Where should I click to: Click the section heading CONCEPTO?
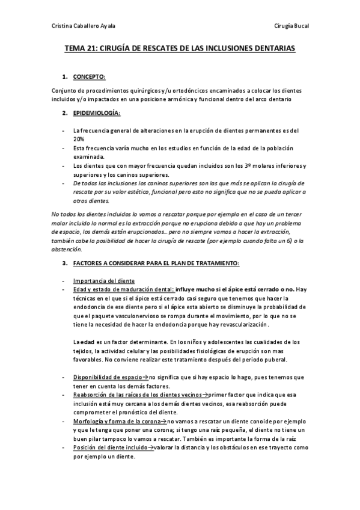[x=89, y=78]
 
